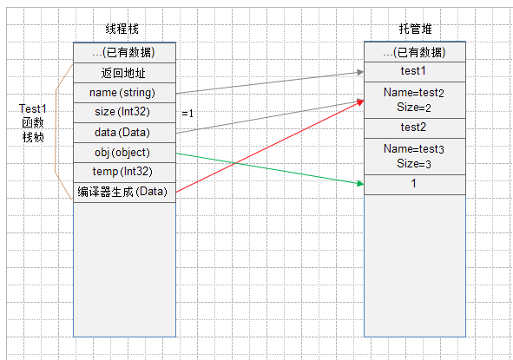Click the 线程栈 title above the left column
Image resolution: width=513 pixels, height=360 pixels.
point(122,29)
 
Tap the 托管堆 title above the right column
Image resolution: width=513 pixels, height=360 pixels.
point(415,29)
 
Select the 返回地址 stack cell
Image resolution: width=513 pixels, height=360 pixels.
point(125,73)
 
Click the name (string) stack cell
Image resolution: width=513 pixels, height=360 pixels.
point(125,93)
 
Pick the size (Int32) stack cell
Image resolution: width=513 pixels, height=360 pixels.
point(125,113)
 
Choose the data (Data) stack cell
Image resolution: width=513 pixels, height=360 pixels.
point(125,133)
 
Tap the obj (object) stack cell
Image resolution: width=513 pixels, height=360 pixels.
point(125,153)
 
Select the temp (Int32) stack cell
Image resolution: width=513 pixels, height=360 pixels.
point(125,173)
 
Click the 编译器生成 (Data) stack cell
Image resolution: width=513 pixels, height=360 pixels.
point(125,193)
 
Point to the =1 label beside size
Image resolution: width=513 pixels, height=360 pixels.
point(187,114)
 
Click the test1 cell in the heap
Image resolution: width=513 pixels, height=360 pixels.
point(415,72)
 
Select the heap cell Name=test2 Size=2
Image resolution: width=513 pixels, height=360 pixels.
point(415,100)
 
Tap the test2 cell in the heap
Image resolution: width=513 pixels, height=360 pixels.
point(415,128)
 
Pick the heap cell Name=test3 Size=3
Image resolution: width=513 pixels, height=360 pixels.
point(415,157)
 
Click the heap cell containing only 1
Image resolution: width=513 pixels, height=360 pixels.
point(415,185)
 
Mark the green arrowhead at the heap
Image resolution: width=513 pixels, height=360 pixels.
point(360,183)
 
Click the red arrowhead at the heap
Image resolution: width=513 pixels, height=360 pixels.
point(360,102)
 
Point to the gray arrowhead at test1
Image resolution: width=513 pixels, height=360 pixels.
point(360,72)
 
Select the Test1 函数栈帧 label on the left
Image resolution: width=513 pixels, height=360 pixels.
point(33,123)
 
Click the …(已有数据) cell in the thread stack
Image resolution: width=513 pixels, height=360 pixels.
point(125,52)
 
